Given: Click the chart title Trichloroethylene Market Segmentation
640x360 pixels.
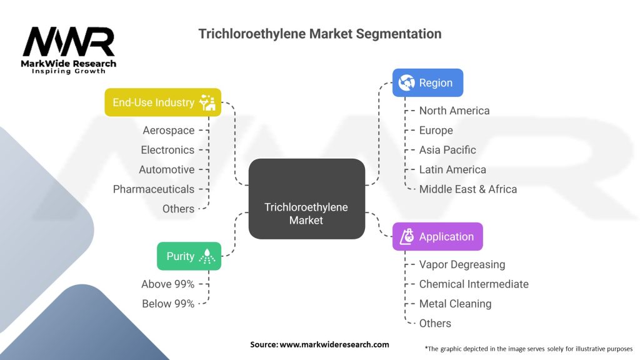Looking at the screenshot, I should coord(320,34).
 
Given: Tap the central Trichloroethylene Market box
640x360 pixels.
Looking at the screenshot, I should coord(306,199).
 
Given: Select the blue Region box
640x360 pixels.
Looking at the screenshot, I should coord(427,82).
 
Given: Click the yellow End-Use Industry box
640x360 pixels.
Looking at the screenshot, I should coord(162,102).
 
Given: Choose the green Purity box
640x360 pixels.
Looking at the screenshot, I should coord(189,256).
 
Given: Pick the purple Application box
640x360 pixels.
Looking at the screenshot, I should coord(437,236).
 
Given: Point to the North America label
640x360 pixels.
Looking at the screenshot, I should coord(454,111).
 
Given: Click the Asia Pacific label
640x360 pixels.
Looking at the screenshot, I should coord(447,150).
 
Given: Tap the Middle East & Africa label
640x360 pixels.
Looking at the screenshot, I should coord(468,189).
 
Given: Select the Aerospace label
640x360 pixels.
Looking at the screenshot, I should coord(168,130).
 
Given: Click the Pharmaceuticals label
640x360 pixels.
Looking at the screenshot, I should coord(154,189).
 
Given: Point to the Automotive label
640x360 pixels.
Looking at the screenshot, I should coord(166,169).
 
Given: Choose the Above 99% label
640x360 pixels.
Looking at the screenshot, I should coord(167,284).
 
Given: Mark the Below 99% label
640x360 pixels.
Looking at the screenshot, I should coord(167,304).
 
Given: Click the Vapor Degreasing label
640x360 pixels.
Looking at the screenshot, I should coord(462,264).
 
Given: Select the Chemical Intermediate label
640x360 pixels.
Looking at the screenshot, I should coord(474,284).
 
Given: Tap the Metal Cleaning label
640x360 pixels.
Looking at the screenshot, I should coord(455,304).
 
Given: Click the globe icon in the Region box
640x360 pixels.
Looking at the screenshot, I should coord(407,82).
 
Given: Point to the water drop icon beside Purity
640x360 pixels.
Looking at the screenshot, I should coord(206,256).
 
